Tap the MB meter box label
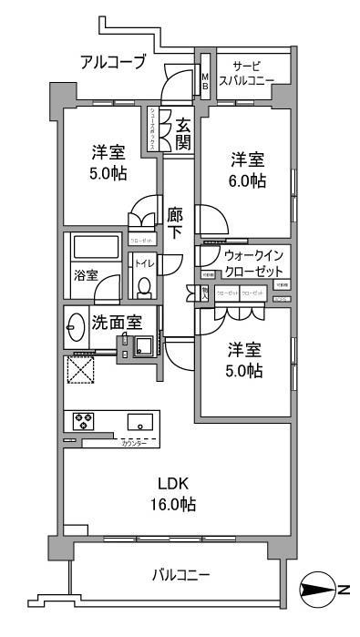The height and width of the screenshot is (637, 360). click(x=206, y=80)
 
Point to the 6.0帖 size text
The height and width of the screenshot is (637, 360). click(x=246, y=180)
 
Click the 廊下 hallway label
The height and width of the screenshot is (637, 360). click(x=176, y=224)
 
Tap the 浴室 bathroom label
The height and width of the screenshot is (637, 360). click(x=87, y=274)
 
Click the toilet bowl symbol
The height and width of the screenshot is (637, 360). click(x=143, y=286)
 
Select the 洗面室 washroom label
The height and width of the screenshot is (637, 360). click(x=116, y=322)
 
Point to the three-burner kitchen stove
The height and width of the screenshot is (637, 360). click(x=85, y=421)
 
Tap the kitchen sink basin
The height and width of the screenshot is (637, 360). click(x=140, y=421)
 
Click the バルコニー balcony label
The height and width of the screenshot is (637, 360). click(x=180, y=575)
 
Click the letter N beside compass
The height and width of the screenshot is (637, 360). click(x=345, y=589)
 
